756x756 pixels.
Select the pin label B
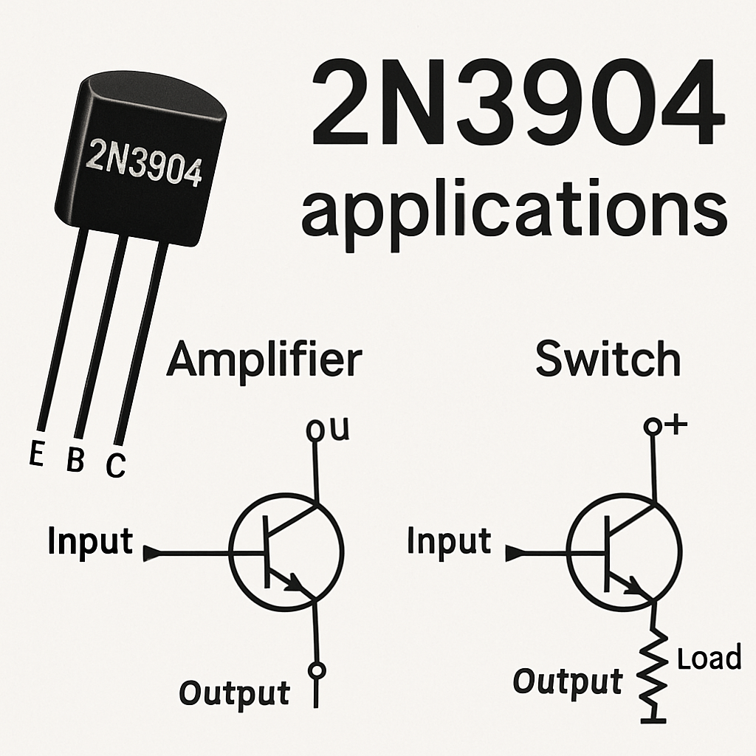[75, 461]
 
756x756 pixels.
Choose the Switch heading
[608, 360]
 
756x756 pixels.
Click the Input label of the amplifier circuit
[90, 542]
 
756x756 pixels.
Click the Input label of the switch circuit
[449, 542]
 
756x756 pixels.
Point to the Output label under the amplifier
[235, 693]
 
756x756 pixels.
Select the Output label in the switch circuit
[568, 681]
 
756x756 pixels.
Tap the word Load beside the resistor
[709, 657]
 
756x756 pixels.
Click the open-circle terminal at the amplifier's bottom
[317, 670]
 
